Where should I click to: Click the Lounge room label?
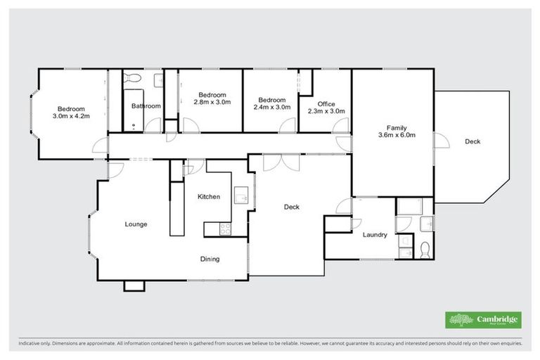click(136, 224)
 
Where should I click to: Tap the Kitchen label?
click(209, 197)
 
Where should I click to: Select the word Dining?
click(210, 259)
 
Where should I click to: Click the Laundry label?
click(375, 235)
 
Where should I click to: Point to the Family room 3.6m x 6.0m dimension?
click(392, 135)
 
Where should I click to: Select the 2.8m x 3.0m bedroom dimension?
click(212, 102)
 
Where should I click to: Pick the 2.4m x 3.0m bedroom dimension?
click(271, 107)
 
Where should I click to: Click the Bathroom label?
click(146, 106)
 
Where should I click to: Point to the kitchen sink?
click(240, 195)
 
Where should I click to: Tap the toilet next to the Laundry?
click(425, 249)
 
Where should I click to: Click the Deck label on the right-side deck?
click(472, 142)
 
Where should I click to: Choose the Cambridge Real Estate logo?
click(483, 320)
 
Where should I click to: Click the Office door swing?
click(341, 127)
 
